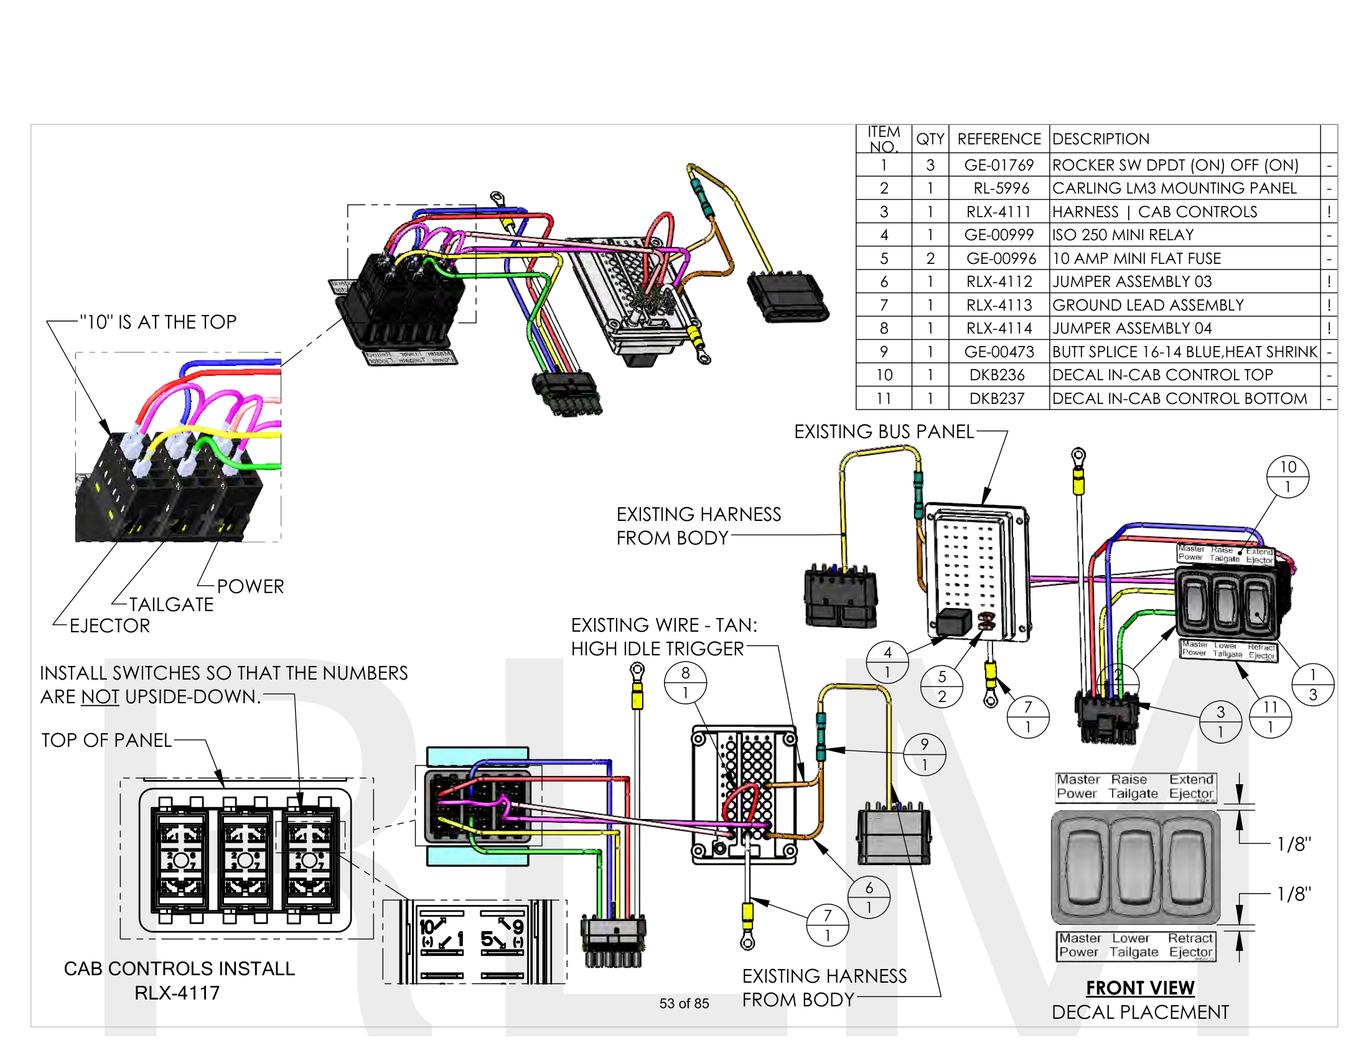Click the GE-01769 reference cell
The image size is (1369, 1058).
tap(999, 165)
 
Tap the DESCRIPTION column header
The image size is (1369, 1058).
tap(1101, 139)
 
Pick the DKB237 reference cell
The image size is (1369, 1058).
tap(997, 399)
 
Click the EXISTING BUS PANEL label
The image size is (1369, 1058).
tap(884, 432)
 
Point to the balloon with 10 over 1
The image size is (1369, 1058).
tap(1287, 476)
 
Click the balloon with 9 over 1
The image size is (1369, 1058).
tap(925, 754)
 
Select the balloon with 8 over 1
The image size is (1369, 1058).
tap(685, 683)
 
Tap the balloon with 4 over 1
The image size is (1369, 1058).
tap(887, 662)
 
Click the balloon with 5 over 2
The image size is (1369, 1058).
tap(941, 686)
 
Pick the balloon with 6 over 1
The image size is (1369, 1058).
tap(869, 897)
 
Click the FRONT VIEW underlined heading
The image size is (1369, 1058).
tap(1140, 988)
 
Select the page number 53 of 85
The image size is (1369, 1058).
tap(684, 1003)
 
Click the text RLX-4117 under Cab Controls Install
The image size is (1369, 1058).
tap(177, 993)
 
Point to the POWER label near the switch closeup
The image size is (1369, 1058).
tap(250, 587)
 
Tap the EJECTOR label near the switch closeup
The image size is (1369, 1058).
tap(110, 625)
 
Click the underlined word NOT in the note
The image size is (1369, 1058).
tap(100, 696)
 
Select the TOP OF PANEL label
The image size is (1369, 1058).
tap(106, 740)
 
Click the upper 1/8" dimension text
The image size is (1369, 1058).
tap(1294, 845)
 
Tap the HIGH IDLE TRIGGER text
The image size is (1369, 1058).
tap(657, 648)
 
